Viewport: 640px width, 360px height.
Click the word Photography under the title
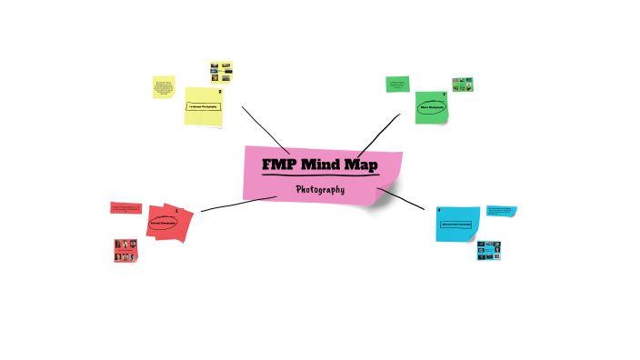[320, 190]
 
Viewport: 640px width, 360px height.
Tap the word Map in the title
[360, 165]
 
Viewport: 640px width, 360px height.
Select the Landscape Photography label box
[204, 106]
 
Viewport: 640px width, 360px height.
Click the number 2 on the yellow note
[220, 91]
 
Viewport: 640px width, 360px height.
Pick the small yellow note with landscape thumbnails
[221, 71]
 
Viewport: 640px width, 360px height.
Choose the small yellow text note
[164, 87]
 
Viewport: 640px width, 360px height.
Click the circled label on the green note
[432, 107]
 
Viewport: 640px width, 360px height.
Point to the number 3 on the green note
[445, 95]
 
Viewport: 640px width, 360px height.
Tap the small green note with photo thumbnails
[464, 85]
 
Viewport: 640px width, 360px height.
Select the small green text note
[397, 84]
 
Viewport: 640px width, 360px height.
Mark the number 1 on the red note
[176, 210]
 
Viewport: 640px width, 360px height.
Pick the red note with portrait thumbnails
[125, 250]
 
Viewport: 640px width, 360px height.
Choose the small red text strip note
[125, 208]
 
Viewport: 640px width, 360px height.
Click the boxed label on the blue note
[455, 223]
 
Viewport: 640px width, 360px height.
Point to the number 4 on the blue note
[439, 210]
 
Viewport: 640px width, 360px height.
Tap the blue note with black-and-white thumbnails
[489, 251]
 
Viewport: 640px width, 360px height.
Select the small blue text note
[501, 211]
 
